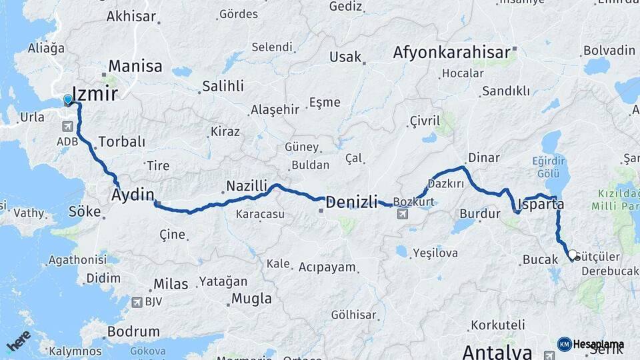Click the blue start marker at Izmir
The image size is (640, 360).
67,100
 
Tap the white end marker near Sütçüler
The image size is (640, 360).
573,255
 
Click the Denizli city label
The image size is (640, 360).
351,201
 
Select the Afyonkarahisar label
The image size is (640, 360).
451,52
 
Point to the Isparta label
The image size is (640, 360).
541,204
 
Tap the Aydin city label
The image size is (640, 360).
133,195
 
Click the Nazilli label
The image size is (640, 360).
246,186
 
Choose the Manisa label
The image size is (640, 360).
135,66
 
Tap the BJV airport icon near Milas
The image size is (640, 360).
138,302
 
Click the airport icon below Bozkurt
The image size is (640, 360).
403,214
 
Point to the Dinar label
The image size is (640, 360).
484,158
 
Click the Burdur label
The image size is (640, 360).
479,214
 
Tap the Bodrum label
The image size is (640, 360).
133,331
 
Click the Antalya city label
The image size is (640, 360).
497,351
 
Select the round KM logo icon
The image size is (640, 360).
564,344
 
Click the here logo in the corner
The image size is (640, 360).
18,341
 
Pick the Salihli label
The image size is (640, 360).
223,86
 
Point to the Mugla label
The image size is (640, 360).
251,298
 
